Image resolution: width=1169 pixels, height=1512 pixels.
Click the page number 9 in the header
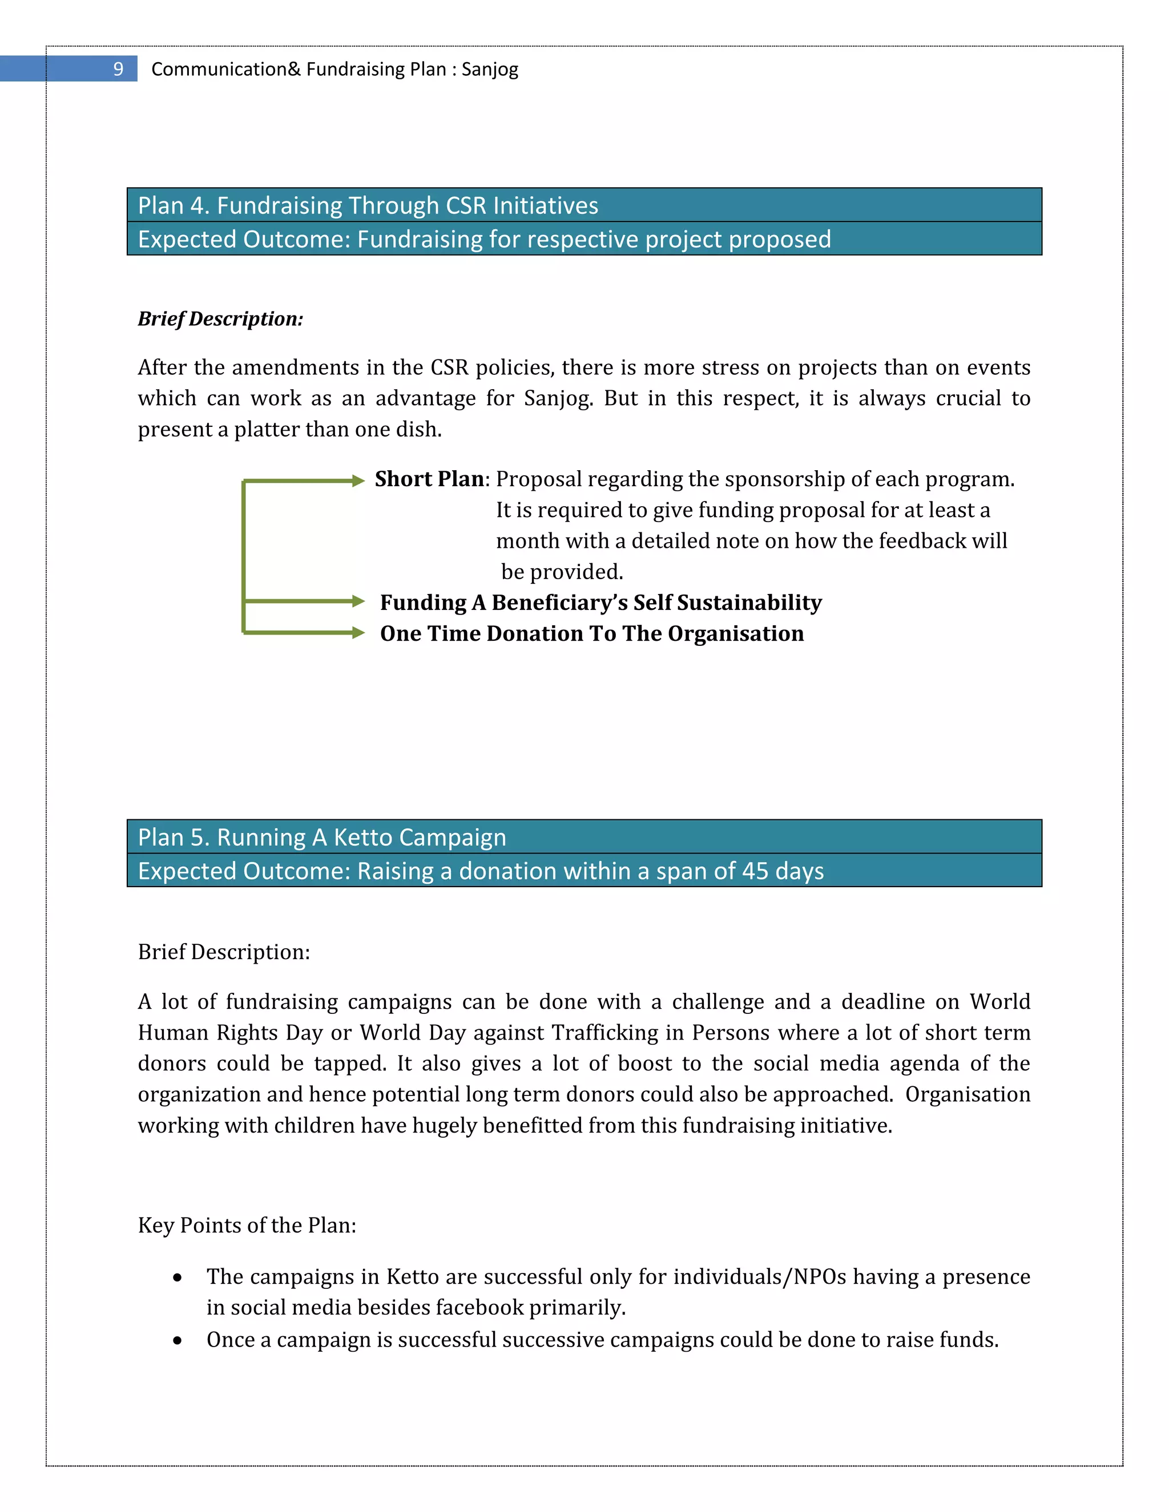pos(118,69)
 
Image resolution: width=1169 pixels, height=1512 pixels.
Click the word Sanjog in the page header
pos(490,69)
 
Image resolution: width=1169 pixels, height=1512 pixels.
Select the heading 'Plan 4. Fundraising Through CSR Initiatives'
pos(368,205)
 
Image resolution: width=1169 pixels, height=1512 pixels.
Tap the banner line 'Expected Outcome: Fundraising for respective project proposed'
pos(484,240)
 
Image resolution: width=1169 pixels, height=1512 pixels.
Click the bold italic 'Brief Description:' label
pos(220,319)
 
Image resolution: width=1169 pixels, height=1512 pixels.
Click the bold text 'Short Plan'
pos(429,479)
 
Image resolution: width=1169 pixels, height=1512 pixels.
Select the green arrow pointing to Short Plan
pos(305,480)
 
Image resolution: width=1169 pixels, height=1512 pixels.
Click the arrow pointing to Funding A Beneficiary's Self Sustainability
pos(305,601)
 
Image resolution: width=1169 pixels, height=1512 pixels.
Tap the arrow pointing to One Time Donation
pos(305,632)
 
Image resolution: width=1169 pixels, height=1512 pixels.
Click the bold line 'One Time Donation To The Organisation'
pos(591,633)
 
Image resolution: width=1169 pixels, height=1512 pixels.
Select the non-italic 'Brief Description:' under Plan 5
pos(224,952)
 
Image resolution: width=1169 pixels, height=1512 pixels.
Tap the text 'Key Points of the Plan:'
pos(247,1226)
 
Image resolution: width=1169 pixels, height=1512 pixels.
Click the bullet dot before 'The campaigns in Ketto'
pos(178,1277)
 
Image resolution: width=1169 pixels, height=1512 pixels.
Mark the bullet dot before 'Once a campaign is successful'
pos(178,1341)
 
